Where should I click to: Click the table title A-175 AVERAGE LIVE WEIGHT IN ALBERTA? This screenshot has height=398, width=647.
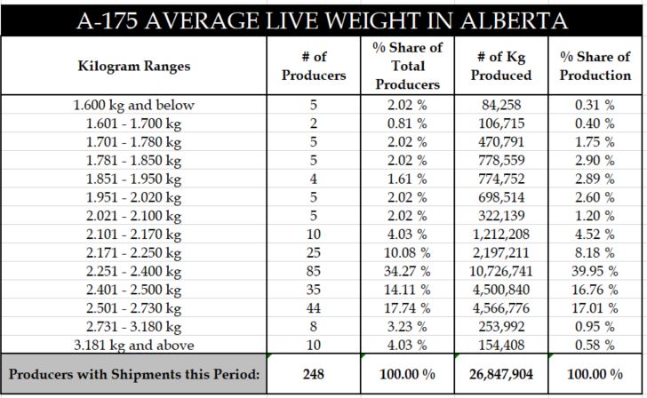tap(323, 18)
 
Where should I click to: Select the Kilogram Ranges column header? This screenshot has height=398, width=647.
tap(134, 66)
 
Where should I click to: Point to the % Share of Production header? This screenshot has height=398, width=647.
tap(595, 66)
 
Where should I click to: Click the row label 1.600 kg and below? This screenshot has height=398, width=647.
tap(134, 105)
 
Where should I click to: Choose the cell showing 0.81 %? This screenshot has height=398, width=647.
tap(407, 123)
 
